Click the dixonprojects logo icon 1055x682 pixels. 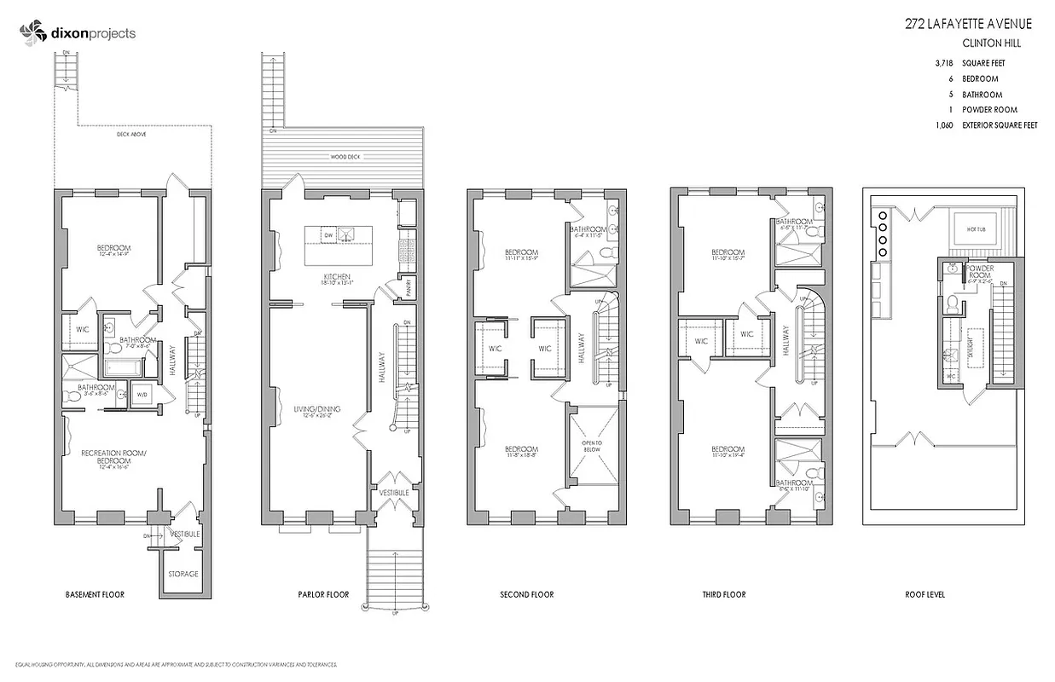(32, 33)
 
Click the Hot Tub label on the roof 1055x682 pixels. (977, 228)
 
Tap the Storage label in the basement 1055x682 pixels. (183, 574)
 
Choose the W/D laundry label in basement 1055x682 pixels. (142, 395)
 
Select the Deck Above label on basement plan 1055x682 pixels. (130, 135)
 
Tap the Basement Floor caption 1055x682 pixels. (95, 594)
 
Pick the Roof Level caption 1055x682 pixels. (925, 594)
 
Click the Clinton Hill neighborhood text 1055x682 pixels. (991, 43)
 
